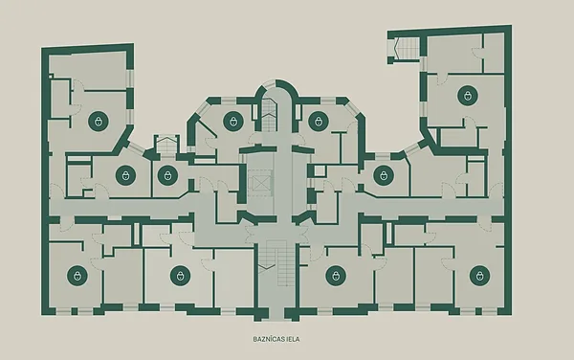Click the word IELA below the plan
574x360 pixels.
tap(295, 339)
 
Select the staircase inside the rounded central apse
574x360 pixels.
tap(269, 115)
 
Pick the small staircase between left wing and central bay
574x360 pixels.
tap(166, 145)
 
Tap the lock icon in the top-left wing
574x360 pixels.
tap(99, 122)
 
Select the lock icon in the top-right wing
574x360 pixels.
tap(468, 96)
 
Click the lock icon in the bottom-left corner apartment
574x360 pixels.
tap(77, 276)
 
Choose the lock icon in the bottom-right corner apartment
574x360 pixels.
tap(480, 276)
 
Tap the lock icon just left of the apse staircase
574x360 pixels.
tap(233, 122)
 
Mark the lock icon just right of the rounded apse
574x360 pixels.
tap(319, 122)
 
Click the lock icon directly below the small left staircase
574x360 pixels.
tap(167, 175)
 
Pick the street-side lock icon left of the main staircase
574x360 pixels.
tap(181, 276)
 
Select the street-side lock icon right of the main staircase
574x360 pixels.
tap(336, 276)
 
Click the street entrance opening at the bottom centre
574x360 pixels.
tap(276, 314)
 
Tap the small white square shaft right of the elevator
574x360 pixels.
tap(320, 171)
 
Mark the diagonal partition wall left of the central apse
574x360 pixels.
tap(206, 128)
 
